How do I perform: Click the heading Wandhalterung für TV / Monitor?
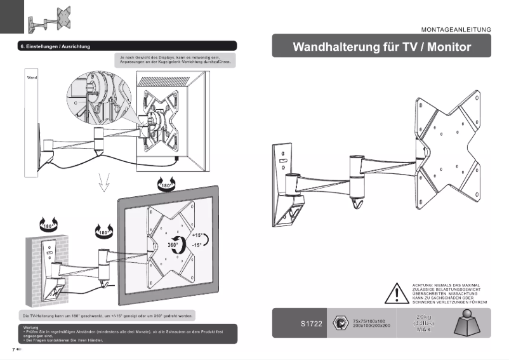click(x=381, y=47)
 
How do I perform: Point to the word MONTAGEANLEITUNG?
click(x=456, y=29)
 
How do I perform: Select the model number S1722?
click(x=312, y=324)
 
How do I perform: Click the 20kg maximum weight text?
click(x=425, y=317)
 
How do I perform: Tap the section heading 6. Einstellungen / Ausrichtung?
click(x=55, y=46)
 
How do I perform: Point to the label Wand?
click(x=32, y=77)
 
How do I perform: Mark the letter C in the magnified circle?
click(x=76, y=102)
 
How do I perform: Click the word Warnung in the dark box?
click(x=30, y=328)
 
